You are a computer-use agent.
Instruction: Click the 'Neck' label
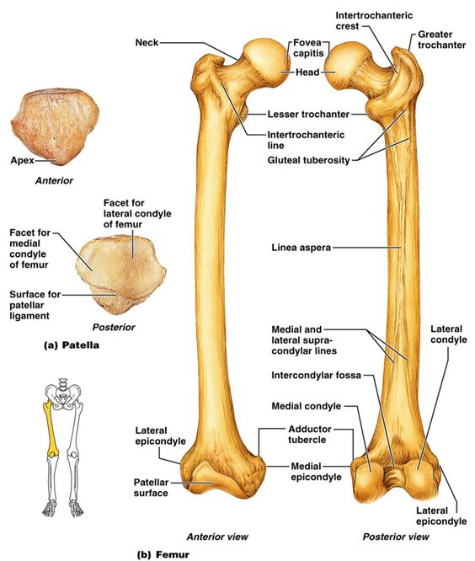coord(147,43)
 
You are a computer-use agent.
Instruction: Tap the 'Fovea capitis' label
coord(308,48)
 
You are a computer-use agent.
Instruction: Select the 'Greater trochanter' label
coord(442,40)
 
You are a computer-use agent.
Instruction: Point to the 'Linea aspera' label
coord(302,247)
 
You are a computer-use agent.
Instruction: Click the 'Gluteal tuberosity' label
coord(309,160)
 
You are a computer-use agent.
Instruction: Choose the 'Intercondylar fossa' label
coord(316,376)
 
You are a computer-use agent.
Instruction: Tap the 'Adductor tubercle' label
coord(310,434)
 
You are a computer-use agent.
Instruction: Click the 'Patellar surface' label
coord(151,488)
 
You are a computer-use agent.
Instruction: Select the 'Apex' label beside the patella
coord(22,160)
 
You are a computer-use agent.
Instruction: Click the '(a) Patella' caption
coord(72,345)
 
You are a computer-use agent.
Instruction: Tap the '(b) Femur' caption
coord(163,554)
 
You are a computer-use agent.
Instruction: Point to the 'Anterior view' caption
coord(217,537)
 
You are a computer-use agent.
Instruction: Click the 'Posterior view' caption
coord(396,537)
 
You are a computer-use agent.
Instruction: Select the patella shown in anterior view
coord(55,128)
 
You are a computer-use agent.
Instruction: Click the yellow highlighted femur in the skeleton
coord(51,430)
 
